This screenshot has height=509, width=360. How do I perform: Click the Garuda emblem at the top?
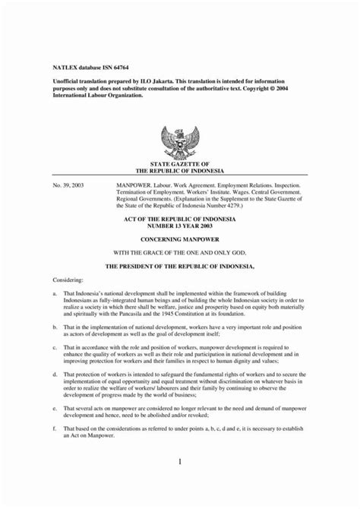(179, 142)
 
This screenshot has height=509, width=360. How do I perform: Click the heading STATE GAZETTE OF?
(179, 164)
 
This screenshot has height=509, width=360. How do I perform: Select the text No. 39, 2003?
(68, 185)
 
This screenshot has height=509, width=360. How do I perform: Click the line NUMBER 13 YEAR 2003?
(179, 225)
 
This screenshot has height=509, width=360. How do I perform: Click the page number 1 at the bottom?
(180, 462)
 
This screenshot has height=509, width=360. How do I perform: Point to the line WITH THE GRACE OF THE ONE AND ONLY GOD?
(179, 251)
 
